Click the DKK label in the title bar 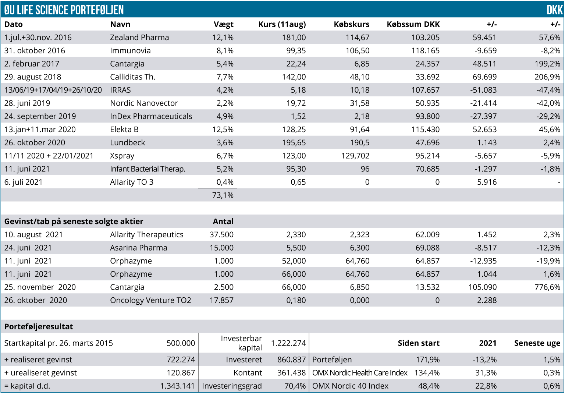pyautogui.click(x=554, y=10)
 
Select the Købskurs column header pyautogui.click(x=351, y=24)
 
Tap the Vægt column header pyautogui.click(x=223, y=24)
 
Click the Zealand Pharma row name pyautogui.click(x=139, y=38)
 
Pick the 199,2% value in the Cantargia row pyautogui.click(x=547, y=64)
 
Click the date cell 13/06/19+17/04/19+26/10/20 pyautogui.click(x=53, y=90)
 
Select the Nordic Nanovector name pyautogui.click(x=144, y=103)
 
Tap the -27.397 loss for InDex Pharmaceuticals pyautogui.click(x=483, y=116)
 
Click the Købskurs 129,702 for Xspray pyautogui.click(x=355, y=156)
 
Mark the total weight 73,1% pyautogui.click(x=223, y=195)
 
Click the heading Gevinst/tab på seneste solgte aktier pyautogui.click(x=74, y=222)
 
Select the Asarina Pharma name pyautogui.click(x=138, y=248)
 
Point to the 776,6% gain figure pyautogui.click(x=547, y=287)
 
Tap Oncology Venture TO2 pyautogui.click(x=150, y=301)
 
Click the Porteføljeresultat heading pyautogui.click(x=39, y=327)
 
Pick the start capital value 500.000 pyautogui.click(x=181, y=343)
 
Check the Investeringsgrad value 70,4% pyautogui.click(x=295, y=386)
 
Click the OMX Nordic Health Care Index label pyautogui.click(x=359, y=373)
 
